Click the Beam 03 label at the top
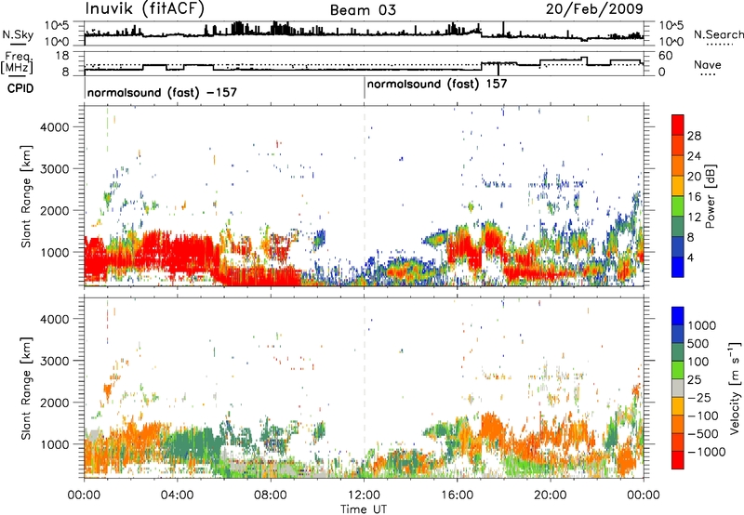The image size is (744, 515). pyautogui.click(x=363, y=10)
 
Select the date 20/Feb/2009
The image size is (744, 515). pyautogui.click(x=594, y=9)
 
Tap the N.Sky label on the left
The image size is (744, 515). pyautogui.click(x=18, y=34)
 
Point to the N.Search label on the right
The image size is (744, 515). pyautogui.click(x=718, y=34)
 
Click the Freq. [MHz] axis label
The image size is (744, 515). pyautogui.click(x=17, y=62)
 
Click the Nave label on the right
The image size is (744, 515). pyautogui.click(x=708, y=64)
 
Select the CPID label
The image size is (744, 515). pyautogui.click(x=20, y=88)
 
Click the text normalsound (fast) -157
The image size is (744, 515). pyautogui.click(x=162, y=92)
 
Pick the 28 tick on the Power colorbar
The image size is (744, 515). pyautogui.click(x=694, y=136)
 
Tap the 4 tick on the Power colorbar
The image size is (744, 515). pyautogui.click(x=690, y=257)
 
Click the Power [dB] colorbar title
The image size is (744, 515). pyautogui.click(x=710, y=196)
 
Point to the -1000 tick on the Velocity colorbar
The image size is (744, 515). pyautogui.click(x=706, y=452)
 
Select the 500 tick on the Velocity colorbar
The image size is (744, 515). pyautogui.click(x=698, y=344)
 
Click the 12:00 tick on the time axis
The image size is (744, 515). pyautogui.click(x=364, y=495)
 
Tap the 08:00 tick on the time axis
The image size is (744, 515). pyautogui.click(x=271, y=495)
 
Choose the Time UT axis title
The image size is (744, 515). pyautogui.click(x=364, y=509)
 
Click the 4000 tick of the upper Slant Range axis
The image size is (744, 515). pyautogui.click(x=55, y=127)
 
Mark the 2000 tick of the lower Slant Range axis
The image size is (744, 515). pyautogui.click(x=55, y=403)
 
